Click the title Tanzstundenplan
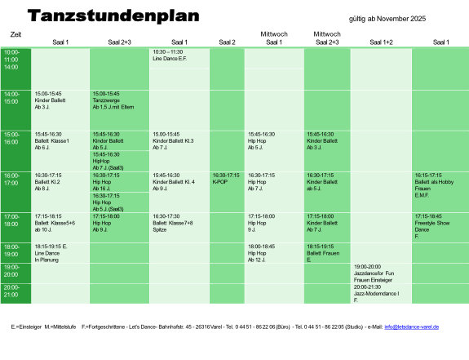(112, 16)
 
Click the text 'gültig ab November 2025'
(387, 18)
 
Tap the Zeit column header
(16, 34)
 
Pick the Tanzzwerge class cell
(119, 100)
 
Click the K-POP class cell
(227, 179)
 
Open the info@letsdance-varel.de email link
(411, 327)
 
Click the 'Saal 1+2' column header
(381, 42)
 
